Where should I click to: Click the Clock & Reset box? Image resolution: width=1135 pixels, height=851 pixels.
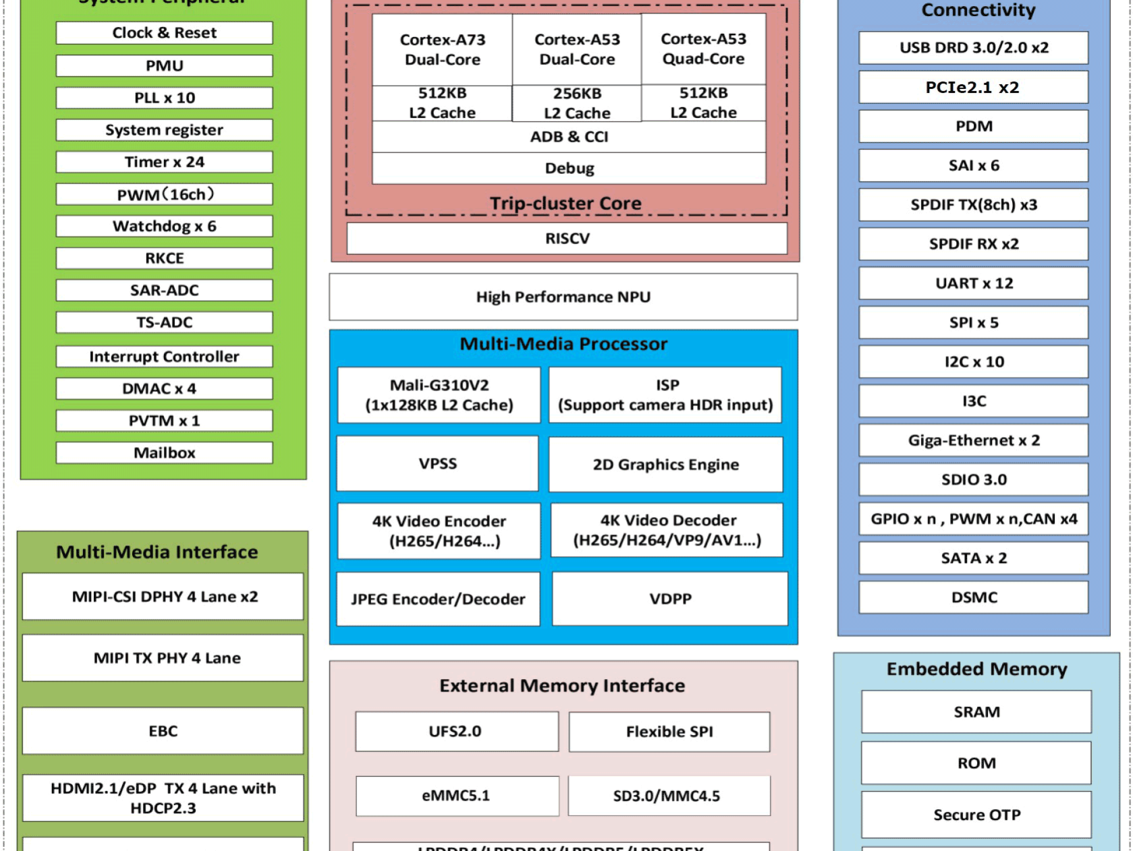click(x=164, y=33)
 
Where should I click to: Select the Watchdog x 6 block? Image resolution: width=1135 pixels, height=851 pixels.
click(x=164, y=226)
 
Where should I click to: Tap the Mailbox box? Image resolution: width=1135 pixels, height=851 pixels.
click(x=164, y=452)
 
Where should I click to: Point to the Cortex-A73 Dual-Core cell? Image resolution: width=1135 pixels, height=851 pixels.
click(x=442, y=50)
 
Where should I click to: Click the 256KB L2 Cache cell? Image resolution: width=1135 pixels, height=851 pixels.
click(x=577, y=103)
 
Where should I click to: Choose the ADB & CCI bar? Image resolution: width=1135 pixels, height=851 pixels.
click(x=569, y=137)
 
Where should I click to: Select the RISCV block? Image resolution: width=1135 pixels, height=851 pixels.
click(x=567, y=239)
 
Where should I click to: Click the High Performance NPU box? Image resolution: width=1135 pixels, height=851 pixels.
click(x=563, y=297)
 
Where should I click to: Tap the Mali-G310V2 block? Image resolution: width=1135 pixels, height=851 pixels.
click(x=439, y=395)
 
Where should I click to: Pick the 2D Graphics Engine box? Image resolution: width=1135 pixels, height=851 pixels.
click(x=665, y=465)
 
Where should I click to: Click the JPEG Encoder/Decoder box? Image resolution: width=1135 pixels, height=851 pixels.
click(x=438, y=599)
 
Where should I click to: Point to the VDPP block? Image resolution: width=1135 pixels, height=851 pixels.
click(x=670, y=599)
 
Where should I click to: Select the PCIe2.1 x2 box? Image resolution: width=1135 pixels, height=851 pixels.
click(x=973, y=87)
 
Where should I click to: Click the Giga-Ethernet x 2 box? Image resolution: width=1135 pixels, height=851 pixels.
click(x=973, y=440)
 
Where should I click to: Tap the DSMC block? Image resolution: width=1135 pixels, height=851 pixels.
click(x=973, y=597)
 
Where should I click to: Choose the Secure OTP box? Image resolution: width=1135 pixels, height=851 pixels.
click(x=976, y=815)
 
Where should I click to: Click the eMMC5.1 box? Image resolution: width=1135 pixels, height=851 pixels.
click(x=456, y=796)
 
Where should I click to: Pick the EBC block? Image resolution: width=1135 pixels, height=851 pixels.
click(x=163, y=731)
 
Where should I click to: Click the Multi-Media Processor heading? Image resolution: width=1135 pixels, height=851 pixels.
click(x=563, y=344)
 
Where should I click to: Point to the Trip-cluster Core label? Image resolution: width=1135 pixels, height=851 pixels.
click(x=565, y=203)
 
